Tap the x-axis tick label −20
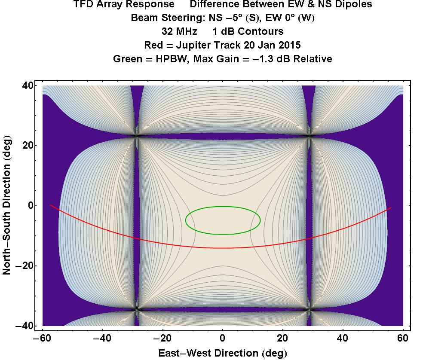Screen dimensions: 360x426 click(x=162, y=338)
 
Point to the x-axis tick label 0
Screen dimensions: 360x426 click(x=223, y=338)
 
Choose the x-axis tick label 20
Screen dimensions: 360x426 click(x=283, y=338)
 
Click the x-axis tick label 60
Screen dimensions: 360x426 click(x=403, y=338)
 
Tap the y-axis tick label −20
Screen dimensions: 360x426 click(x=26, y=266)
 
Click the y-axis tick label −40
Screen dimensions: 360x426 click(x=26, y=326)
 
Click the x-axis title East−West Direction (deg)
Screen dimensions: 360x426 click(x=223, y=353)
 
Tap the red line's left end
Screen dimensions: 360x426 click(x=51, y=205)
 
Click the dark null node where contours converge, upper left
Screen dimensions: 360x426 click(x=137, y=136)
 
